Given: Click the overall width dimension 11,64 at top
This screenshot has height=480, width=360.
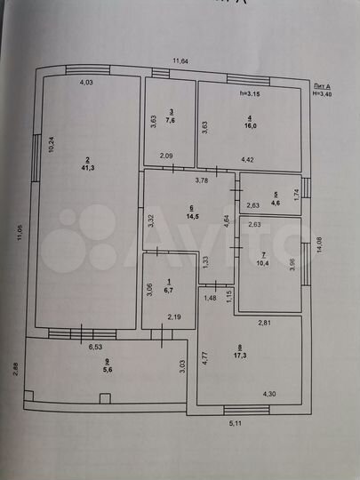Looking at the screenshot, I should (x=180, y=61).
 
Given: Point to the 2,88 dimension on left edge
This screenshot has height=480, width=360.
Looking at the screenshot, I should (x=14, y=369).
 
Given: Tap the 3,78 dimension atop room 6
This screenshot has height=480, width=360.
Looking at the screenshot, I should (x=204, y=180).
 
